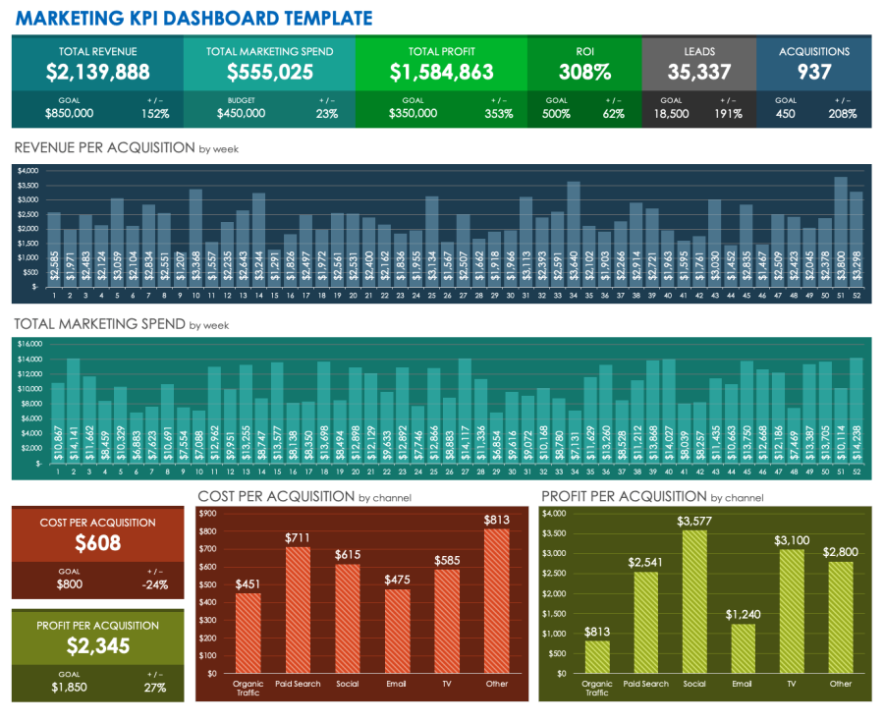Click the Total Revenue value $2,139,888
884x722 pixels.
(x=97, y=72)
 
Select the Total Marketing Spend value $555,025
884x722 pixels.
(x=269, y=72)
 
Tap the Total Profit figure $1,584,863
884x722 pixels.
(x=441, y=72)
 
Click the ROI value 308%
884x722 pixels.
(x=584, y=72)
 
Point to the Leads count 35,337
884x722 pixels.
(x=698, y=72)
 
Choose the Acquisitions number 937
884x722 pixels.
(x=813, y=72)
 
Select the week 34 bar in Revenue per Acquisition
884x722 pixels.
(x=574, y=233)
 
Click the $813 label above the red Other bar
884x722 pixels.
(x=497, y=520)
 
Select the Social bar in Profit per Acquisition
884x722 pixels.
(x=695, y=601)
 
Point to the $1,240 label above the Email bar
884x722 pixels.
(x=743, y=614)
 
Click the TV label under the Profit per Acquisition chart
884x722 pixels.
(x=792, y=684)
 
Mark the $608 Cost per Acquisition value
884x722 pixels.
(x=97, y=543)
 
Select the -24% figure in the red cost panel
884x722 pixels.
(x=155, y=584)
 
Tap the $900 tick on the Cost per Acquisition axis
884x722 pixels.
(x=208, y=513)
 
